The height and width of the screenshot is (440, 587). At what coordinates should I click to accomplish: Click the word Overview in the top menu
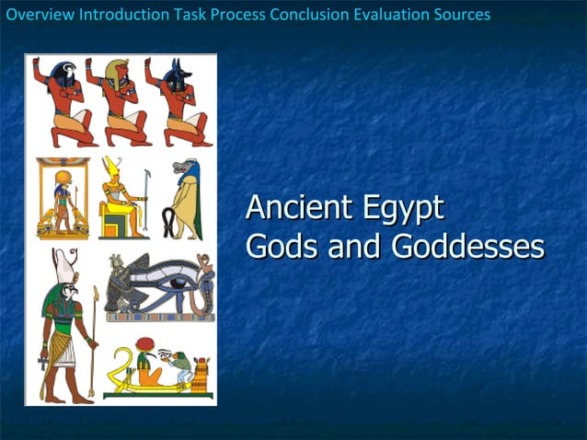click(x=40, y=15)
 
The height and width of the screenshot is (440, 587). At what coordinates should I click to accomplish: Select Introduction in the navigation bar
click(x=122, y=15)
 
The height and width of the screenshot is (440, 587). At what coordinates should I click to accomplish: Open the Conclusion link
click(x=310, y=15)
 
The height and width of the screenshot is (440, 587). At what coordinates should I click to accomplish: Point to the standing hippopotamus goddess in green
click(x=187, y=198)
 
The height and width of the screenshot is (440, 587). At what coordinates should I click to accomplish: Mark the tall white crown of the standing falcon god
click(x=65, y=266)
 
